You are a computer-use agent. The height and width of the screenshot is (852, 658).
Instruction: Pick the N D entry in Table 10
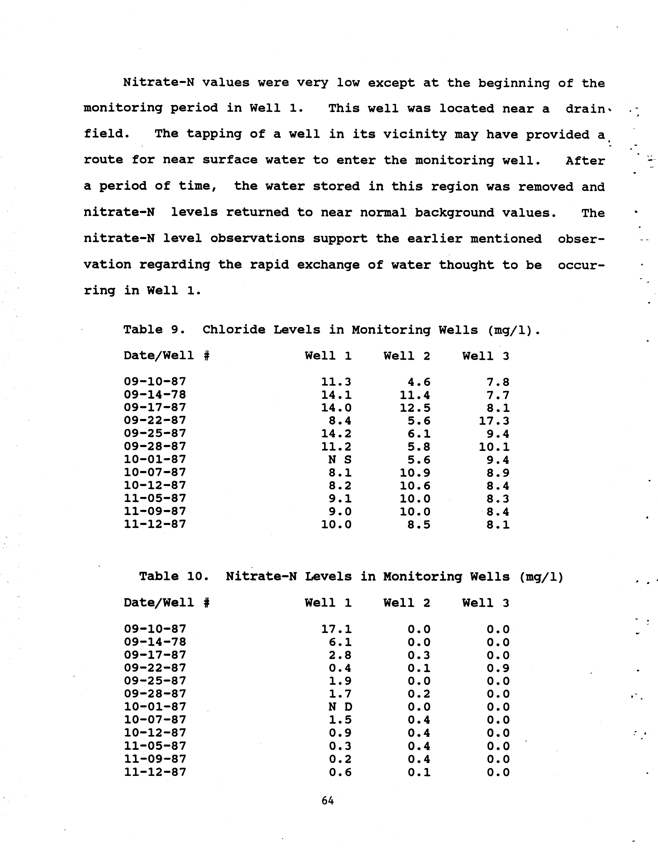[340, 706]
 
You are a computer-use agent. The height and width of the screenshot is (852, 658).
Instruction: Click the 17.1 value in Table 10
[336, 629]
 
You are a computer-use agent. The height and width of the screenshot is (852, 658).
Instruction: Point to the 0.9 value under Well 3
[498, 668]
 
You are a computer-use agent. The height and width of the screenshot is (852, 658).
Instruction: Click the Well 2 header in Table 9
[407, 356]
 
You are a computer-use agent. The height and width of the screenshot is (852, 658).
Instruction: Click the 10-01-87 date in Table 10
[155, 706]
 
